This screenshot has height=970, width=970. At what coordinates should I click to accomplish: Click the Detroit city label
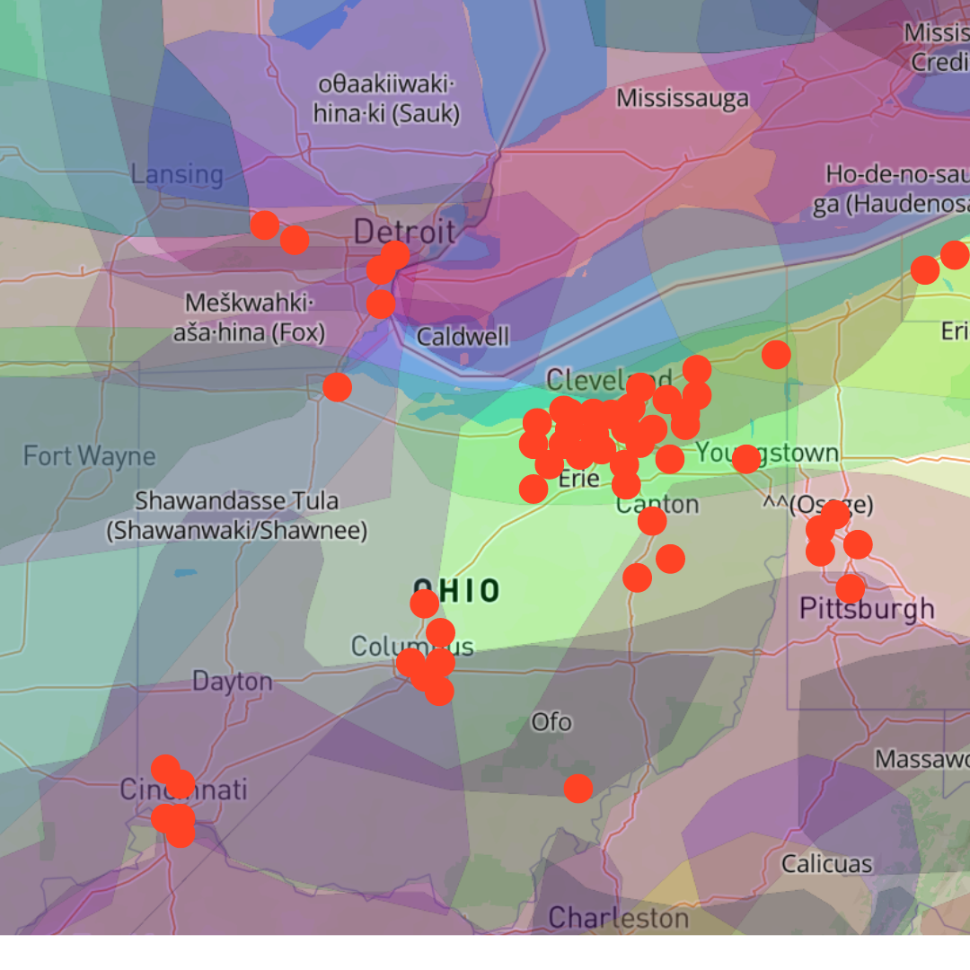[x=404, y=232]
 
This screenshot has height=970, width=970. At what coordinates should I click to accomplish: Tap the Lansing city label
[x=177, y=174]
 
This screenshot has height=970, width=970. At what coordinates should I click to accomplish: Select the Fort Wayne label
[x=89, y=456]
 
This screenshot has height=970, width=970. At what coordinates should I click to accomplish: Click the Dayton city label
[x=232, y=682]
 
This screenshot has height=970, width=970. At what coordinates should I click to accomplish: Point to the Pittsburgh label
[x=867, y=610]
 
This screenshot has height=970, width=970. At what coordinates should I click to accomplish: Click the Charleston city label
[x=618, y=918]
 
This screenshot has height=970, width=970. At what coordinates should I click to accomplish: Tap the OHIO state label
[x=455, y=591]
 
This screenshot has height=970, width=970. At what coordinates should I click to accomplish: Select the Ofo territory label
[x=551, y=722]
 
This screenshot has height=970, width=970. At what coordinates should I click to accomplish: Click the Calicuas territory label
[x=826, y=864]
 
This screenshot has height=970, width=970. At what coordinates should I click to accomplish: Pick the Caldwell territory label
[x=463, y=338]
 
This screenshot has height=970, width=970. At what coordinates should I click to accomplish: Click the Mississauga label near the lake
[x=683, y=98]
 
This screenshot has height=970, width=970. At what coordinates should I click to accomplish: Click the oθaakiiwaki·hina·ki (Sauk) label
[x=387, y=99]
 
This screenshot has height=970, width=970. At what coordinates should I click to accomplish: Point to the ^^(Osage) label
[x=817, y=505]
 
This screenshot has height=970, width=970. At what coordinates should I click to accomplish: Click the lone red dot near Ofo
[x=578, y=789]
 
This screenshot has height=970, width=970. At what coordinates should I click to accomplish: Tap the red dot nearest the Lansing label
[x=264, y=225]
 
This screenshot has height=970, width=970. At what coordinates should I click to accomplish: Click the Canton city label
[x=657, y=504]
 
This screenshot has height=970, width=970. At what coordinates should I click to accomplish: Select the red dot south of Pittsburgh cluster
[x=850, y=589]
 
